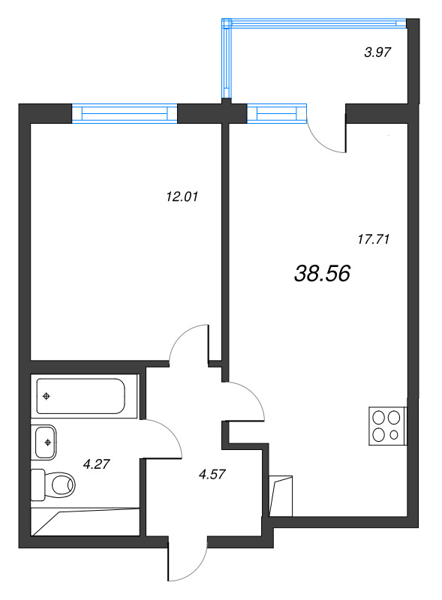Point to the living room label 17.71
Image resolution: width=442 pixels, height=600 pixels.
point(374,240)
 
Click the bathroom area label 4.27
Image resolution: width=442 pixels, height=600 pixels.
point(98,464)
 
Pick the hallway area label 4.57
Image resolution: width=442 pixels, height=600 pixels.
point(211,473)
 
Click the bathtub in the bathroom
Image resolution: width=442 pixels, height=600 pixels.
point(82,395)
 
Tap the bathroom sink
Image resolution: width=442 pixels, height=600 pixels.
point(46,442)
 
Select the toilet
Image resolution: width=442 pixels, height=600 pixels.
point(56,482)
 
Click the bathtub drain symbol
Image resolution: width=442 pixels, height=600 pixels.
point(47,396)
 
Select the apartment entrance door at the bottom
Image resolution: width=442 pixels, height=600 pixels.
point(188,559)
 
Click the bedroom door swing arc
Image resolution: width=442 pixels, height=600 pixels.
point(188,341)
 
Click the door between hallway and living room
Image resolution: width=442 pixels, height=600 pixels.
point(246,401)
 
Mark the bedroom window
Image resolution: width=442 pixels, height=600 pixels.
point(124,113)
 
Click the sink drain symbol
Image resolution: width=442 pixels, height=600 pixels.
point(47,442)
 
